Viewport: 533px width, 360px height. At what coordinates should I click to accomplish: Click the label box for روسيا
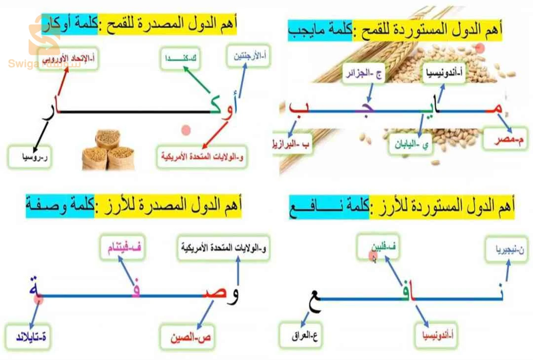tap(31, 156)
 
